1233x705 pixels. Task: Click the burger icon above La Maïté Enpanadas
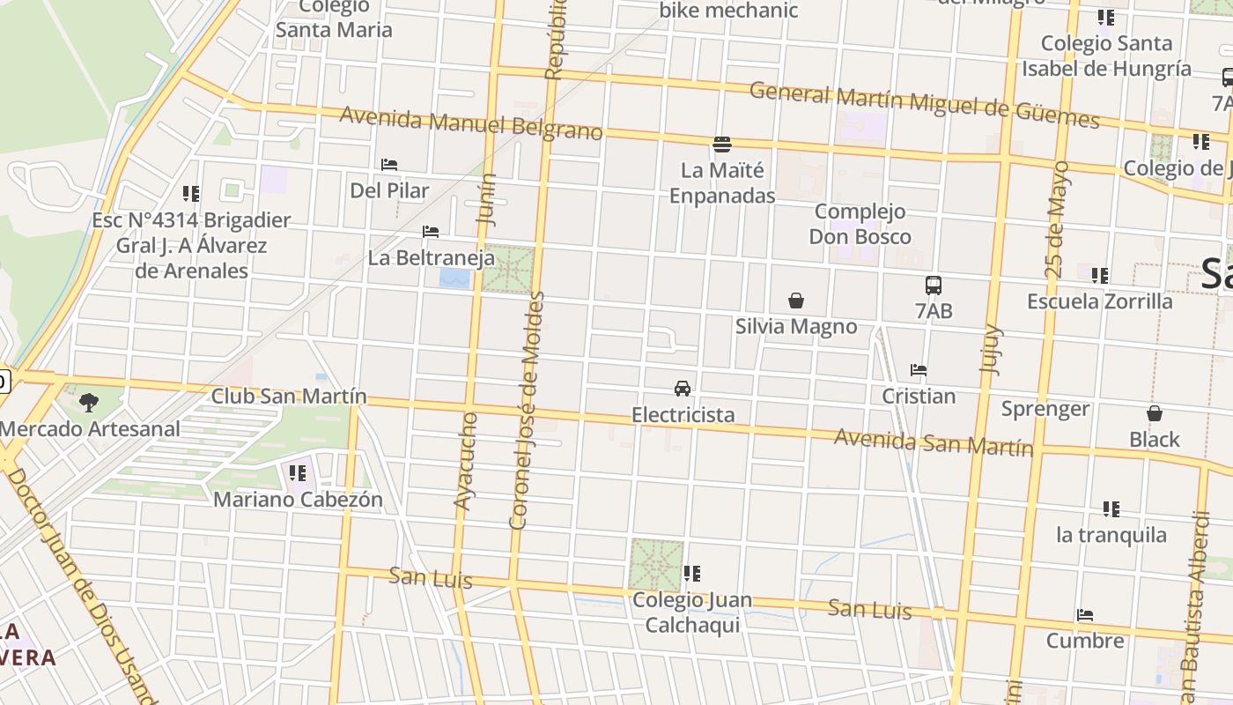[x=722, y=144]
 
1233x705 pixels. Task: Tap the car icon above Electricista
[x=682, y=388]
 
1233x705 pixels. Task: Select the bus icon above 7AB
[x=934, y=286]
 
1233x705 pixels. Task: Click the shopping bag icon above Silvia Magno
[x=796, y=301]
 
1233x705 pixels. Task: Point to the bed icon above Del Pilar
[x=389, y=165]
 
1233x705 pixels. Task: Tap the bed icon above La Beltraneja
[x=431, y=232]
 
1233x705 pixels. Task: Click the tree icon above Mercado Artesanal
[x=88, y=403]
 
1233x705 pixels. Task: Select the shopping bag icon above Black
[x=1155, y=413]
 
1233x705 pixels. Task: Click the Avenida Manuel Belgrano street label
[x=471, y=123]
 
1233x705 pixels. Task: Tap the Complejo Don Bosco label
[x=860, y=224]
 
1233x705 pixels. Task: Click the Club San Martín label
[x=289, y=397]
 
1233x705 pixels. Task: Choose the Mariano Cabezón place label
[x=299, y=500]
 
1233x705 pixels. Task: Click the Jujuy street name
[x=993, y=350]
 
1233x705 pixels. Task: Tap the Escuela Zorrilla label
[x=1100, y=301]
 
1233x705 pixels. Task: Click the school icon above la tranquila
[x=1111, y=509]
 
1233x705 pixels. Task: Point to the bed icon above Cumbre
[x=1085, y=615]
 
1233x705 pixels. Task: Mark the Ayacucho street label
[x=466, y=461]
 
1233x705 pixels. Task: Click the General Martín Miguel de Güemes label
[x=924, y=105]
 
